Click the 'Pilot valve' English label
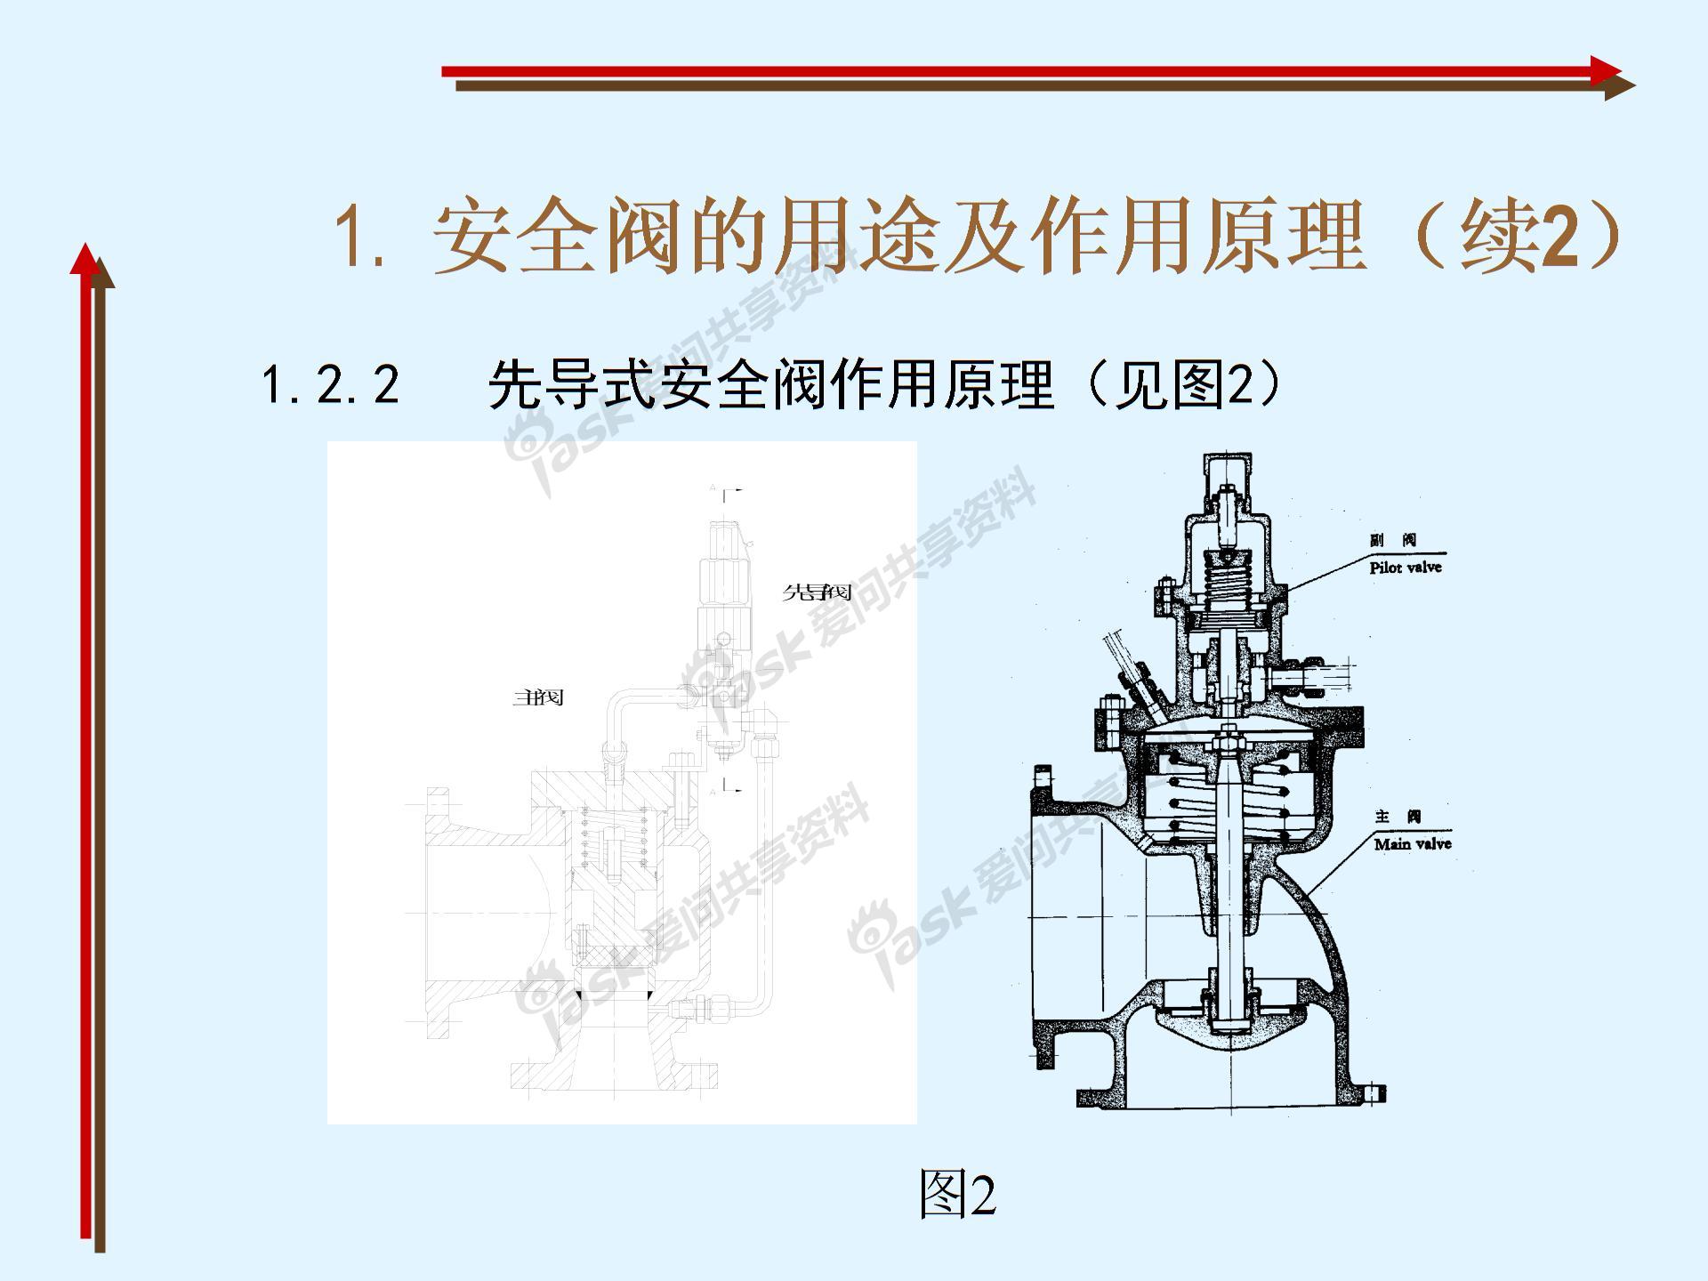(1405, 567)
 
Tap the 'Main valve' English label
(1412, 843)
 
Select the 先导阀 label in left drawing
(817, 592)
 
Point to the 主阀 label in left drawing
(538, 697)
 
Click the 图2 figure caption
(957, 1194)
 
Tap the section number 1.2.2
(330, 385)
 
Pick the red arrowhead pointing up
(85, 259)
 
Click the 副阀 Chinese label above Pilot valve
(1392, 540)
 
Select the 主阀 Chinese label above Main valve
(1398, 817)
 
